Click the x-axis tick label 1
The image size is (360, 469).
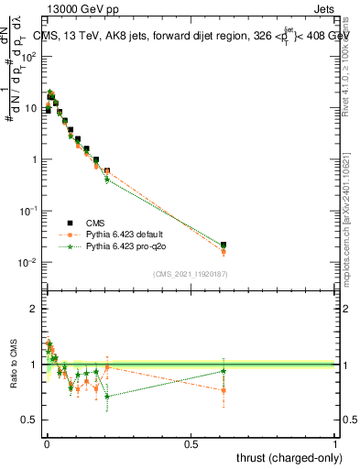335,442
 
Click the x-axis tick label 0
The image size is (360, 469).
46,442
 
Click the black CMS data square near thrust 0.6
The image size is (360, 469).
224,245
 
